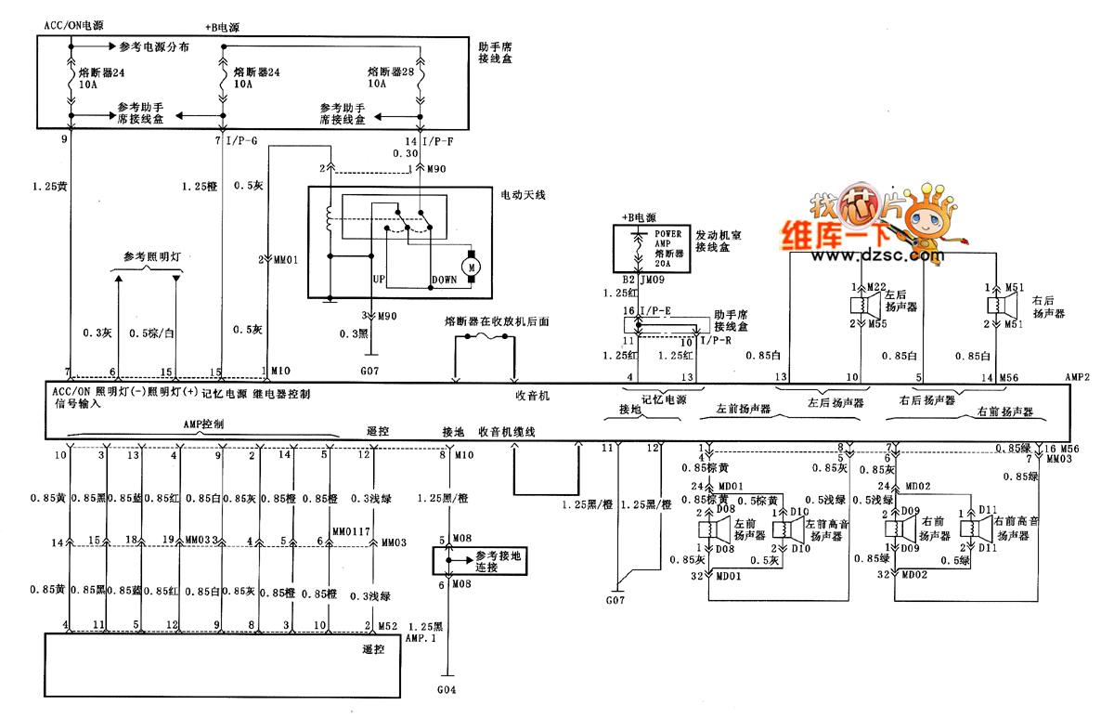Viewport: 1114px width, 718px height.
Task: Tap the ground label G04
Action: point(448,691)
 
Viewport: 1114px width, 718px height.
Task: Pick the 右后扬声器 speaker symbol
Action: point(994,306)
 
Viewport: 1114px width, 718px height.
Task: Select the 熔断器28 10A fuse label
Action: point(391,77)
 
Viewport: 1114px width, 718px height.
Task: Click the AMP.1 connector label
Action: point(421,639)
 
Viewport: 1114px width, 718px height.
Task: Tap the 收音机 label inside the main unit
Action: point(534,395)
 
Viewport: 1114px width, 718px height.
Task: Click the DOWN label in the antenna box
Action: point(445,279)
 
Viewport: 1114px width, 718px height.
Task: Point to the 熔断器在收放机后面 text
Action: point(497,321)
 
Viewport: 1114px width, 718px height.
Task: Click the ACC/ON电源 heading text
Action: point(74,27)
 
